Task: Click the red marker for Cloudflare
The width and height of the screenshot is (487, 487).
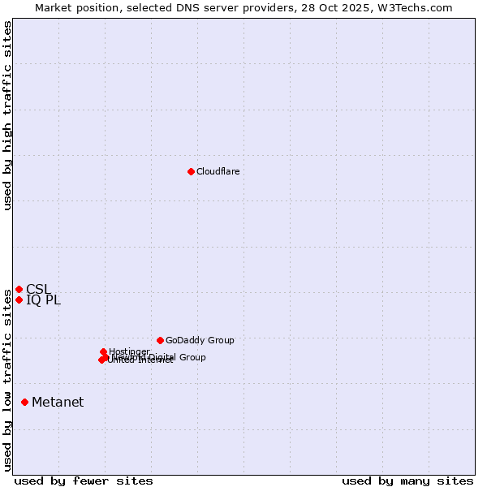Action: (x=191, y=171)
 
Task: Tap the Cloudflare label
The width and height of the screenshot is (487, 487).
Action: (x=218, y=171)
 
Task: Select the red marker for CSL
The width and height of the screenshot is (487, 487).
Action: (x=19, y=289)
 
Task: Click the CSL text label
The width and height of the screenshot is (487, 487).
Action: (x=38, y=289)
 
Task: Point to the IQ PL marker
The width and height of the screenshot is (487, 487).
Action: (x=19, y=300)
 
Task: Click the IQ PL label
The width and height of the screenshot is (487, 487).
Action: (x=43, y=300)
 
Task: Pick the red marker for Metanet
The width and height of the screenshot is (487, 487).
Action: (x=24, y=402)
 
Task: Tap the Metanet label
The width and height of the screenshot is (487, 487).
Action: (x=58, y=402)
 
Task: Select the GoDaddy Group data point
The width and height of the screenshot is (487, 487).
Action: (x=160, y=340)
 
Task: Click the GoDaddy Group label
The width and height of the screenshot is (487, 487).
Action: (x=200, y=340)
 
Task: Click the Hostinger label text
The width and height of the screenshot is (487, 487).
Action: (x=129, y=351)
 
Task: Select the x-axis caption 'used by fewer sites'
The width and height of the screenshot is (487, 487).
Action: (x=84, y=481)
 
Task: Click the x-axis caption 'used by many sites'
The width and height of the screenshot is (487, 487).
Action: (x=407, y=481)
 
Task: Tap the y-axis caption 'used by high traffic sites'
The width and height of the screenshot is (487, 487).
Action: (x=7, y=115)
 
